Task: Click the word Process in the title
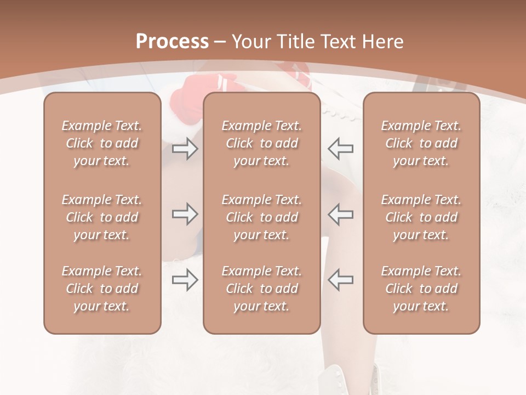tap(172, 42)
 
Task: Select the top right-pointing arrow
tap(185, 149)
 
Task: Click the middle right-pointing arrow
tap(185, 214)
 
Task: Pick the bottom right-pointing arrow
tap(185, 280)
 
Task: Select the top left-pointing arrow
tap(340, 149)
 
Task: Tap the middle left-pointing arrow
tap(340, 214)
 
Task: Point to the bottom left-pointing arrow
tap(340, 280)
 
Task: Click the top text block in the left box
tap(102, 143)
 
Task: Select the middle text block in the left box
tap(102, 217)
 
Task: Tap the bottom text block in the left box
tap(102, 289)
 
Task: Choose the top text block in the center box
tap(261, 143)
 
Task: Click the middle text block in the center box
tap(261, 217)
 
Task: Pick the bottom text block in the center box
tap(261, 289)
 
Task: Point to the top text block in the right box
tap(421, 143)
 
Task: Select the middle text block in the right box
tap(421, 217)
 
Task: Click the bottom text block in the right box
tap(421, 289)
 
